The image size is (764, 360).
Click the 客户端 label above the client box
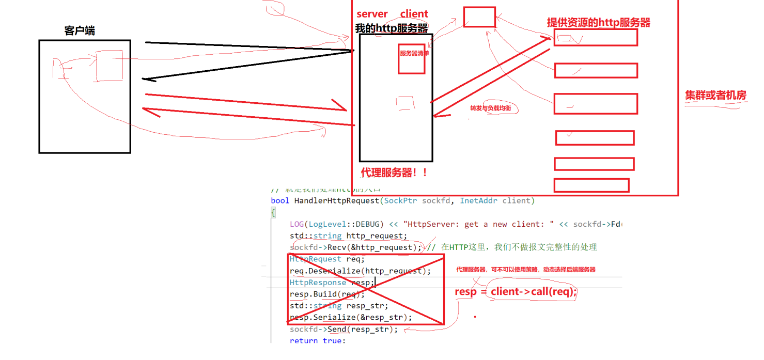(80, 30)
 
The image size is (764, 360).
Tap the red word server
(372, 14)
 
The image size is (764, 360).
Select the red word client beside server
(414, 14)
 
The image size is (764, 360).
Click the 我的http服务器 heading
(392, 28)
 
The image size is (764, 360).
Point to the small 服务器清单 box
(412, 58)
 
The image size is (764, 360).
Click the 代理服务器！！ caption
(394, 173)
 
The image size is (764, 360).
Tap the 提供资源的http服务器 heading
(598, 22)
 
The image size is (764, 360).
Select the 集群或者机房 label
(715, 95)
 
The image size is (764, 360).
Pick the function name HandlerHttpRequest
(336, 200)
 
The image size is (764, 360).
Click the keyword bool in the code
(280, 200)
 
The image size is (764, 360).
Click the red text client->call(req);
(533, 291)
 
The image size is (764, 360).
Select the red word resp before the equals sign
(465, 291)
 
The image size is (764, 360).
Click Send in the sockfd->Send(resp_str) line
(337, 329)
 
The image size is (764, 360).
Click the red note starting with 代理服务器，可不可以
(526, 270)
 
